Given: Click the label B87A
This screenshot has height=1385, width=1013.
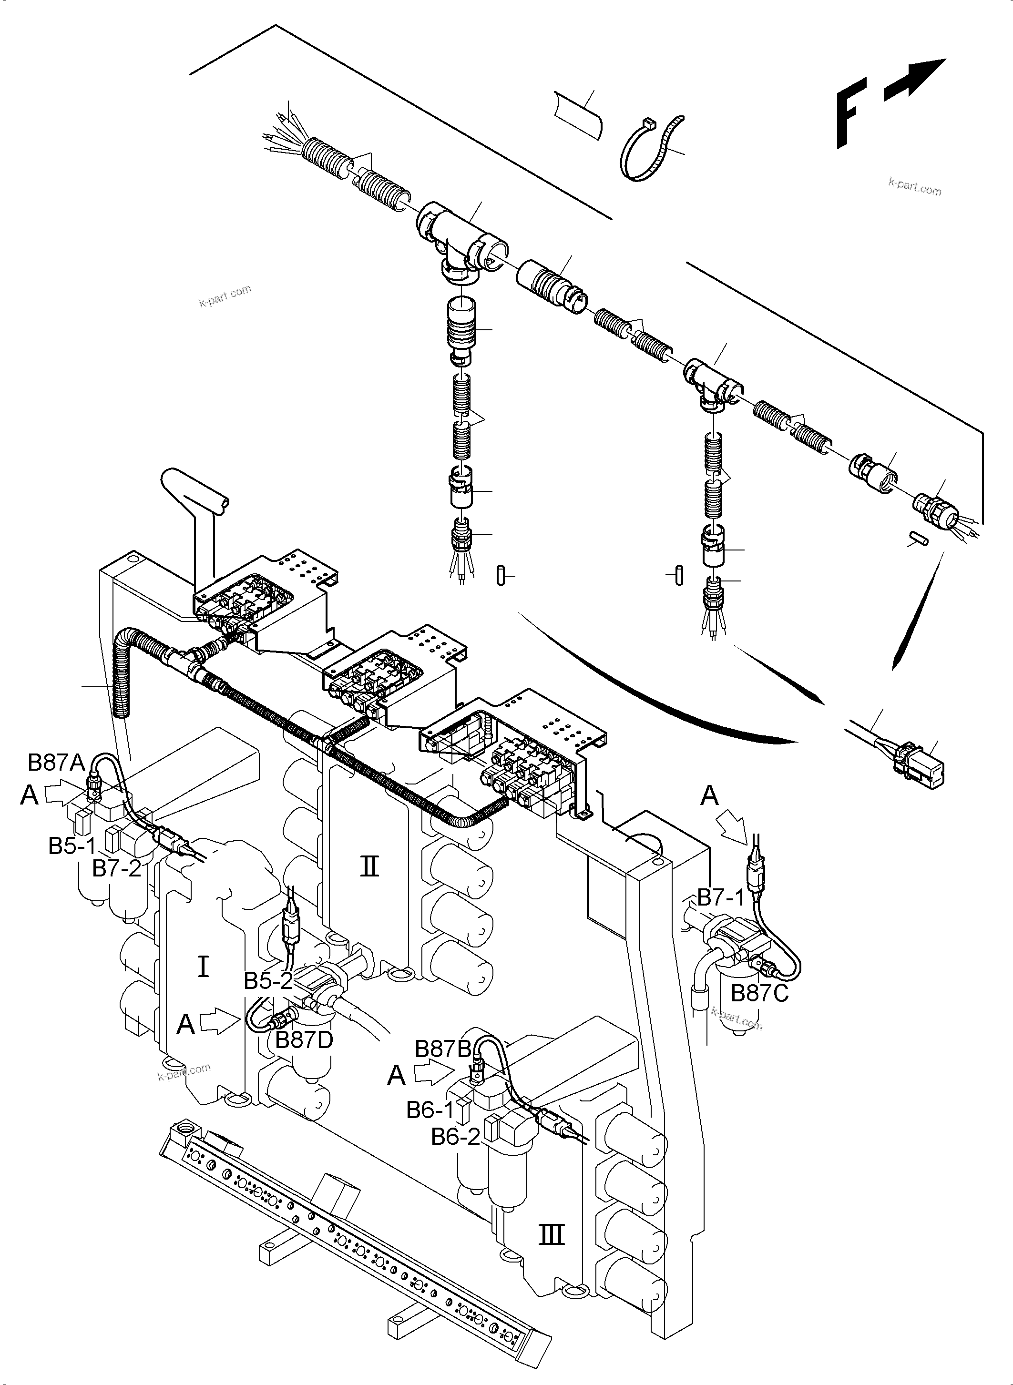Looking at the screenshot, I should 56,762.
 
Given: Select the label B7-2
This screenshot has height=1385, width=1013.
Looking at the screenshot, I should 116,868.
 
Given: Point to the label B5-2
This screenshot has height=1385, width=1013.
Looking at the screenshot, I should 268,981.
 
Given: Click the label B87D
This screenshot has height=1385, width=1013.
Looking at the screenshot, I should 304,1040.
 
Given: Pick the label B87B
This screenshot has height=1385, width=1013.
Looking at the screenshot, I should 443,1049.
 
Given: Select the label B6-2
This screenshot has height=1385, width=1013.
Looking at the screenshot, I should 455,1137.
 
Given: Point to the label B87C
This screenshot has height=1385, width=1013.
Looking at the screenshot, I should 759,993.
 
